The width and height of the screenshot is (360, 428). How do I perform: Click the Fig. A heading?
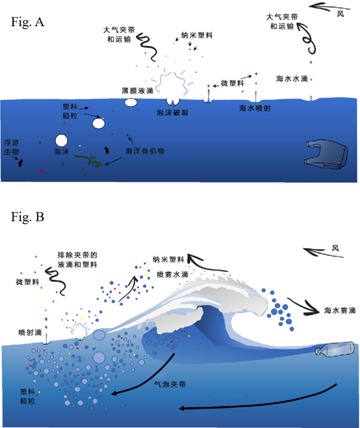(27, 22)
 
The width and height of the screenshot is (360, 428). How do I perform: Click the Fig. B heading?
(27, 217)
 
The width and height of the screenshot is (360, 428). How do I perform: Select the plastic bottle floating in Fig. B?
(335, 349)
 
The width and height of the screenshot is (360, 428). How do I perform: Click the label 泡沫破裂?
(172, 112)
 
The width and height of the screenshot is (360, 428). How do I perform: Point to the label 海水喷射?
(255, 108)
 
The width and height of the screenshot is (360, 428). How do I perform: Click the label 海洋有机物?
(145, 151)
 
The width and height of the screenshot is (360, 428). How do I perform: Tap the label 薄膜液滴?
(137, 90)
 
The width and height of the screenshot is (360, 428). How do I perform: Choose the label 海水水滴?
(292, 79)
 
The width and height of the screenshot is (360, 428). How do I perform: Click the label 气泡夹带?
(170, 384)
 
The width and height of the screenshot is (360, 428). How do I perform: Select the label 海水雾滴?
(340, 310)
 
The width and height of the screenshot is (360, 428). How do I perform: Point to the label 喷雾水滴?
(172, 274)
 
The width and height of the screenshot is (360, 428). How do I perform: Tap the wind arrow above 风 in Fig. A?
(329, 7)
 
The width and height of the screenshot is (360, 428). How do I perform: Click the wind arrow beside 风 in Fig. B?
(322, 253)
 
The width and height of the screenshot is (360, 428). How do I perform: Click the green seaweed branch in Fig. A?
(90, 160)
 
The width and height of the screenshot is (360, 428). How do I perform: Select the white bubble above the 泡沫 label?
(61, 140)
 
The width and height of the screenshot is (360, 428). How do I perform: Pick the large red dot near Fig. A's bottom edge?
(42, 171)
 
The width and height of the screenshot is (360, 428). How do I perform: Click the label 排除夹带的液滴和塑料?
(77, 260)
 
